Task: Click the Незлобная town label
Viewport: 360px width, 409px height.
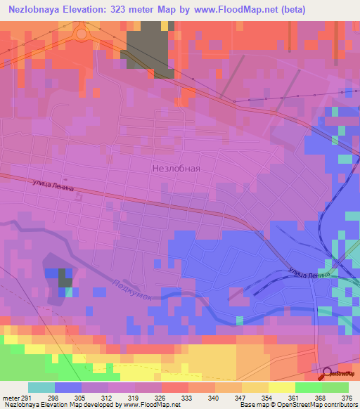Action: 176,169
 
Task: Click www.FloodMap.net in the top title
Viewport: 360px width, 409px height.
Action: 236,10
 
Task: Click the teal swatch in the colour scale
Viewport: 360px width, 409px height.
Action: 41,387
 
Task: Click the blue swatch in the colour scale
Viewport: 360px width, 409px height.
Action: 68,387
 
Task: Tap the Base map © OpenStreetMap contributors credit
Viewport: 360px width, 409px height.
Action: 296,405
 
